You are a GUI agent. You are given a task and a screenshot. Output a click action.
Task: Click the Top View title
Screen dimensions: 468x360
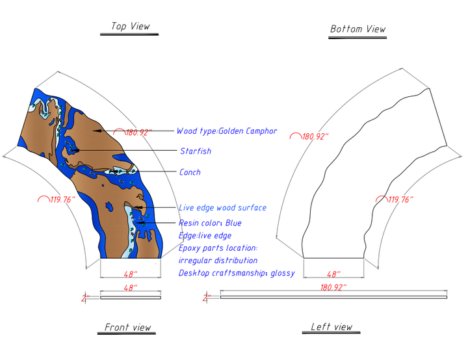click(x=131, y=26)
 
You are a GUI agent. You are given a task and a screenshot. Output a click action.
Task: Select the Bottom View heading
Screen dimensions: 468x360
click(x=358, y=29)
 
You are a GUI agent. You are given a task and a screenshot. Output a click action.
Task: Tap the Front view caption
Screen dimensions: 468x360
click(x=128, y=327)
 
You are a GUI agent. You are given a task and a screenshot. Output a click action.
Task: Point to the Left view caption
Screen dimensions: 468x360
click(x=331, y=327)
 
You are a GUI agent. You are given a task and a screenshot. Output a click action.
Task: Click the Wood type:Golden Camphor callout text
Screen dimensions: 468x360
click(x=227, y=131)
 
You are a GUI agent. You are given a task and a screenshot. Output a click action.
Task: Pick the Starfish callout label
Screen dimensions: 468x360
click(x=196, y=151)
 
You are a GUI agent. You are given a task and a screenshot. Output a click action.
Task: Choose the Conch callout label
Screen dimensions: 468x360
click(x=190, y=172)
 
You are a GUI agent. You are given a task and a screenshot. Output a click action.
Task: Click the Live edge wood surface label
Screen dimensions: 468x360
click(x=223, y=208)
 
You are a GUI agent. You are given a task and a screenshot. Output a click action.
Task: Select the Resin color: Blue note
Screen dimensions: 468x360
click(x=210, y=223)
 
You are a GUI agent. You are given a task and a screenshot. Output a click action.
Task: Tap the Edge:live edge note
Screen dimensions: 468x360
click(x=205, y=235)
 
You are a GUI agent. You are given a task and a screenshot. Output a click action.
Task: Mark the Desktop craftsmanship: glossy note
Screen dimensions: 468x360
click(x=237, y=273)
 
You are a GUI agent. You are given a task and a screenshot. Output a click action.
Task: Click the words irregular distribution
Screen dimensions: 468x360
click(x=218, y=261)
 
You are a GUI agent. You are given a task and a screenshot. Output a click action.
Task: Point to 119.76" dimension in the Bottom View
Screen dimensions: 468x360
click(x=400, y=199)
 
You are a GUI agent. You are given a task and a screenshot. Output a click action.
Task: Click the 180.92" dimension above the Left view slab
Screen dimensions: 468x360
click(x=333, y=287)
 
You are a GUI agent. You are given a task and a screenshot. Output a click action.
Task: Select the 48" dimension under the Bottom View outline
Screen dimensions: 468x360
click(x=333, y=274)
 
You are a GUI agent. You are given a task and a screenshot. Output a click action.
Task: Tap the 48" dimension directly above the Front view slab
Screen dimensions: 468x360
click(x=131, y=288)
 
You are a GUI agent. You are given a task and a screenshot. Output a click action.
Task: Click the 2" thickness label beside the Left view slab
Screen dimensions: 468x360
click(x=207, y=298)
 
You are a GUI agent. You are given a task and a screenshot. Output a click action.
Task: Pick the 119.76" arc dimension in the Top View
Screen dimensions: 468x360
click(x=62, y=199)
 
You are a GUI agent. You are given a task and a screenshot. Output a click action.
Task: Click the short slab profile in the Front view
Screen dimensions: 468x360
click(x=131, y=298)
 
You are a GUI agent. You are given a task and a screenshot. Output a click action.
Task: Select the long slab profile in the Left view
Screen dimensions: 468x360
click(x=333, y=298)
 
